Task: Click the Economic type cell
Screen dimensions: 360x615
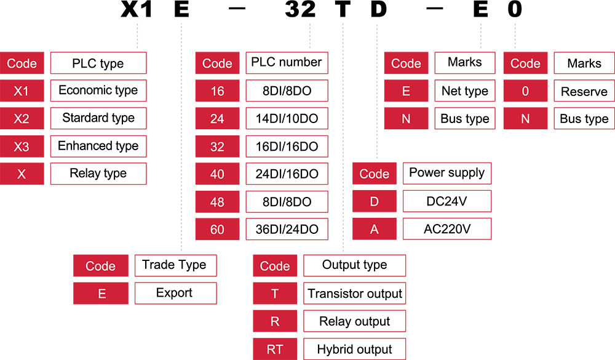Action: pos(98,90)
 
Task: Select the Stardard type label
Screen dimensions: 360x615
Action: pos(98,118)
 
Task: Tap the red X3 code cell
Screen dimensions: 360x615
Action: pos(22,146)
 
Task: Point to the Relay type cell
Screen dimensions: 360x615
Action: pos(98,174)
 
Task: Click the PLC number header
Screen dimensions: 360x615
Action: pos(287,62)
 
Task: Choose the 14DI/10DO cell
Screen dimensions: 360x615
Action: pos(287,118)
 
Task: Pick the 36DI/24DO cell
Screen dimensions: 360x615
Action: pos(287,230)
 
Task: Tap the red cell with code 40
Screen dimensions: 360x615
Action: pos(217,174)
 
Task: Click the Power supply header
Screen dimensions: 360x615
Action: pos(446,173)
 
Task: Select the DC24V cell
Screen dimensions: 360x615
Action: pos(446,201)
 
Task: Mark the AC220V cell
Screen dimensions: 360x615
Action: pos(446,229)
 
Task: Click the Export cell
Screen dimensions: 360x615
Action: pos(175,293)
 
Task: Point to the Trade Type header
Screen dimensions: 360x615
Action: pos(175,265)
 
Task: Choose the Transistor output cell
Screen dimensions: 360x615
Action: pos(355,294)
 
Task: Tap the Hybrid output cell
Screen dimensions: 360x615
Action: pos(355,350)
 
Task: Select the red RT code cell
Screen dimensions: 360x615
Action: pos(275,350)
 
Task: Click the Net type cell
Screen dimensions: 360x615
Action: pos(464,91)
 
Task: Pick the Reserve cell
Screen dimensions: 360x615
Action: pos(584,92)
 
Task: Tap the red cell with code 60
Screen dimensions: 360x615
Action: pos(217,230)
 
